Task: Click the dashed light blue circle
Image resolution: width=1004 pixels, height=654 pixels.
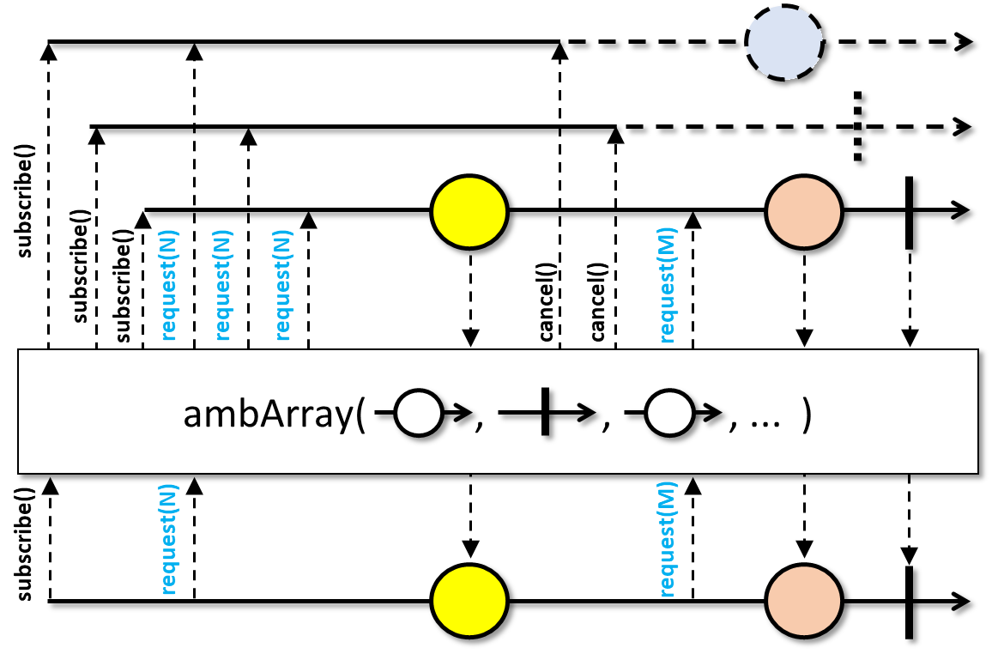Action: pos(784,42)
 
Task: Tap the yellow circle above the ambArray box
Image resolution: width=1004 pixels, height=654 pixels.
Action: pos(470,211)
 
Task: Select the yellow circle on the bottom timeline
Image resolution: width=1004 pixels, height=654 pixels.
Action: pos(470,601)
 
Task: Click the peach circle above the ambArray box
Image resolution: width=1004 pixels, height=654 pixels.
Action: pos(804,211)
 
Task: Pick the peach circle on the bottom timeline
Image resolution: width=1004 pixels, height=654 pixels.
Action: pos(804,601)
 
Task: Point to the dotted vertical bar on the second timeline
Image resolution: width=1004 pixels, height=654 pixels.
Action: pos(857,126)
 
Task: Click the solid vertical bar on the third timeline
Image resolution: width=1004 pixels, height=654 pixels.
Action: pos(910,213)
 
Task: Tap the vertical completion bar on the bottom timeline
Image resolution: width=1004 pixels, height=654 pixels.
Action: pos(910,603)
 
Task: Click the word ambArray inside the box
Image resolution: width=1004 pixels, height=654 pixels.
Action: pos(269,415)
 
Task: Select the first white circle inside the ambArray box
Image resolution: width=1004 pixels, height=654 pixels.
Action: pos(418,413)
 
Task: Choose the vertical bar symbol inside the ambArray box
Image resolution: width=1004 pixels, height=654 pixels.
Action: pos(545,411)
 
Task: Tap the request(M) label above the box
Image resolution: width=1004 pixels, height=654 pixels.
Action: pos(667,285)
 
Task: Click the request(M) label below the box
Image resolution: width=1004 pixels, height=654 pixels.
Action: pos(667,539)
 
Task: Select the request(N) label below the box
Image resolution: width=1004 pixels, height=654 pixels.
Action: pos(168,539)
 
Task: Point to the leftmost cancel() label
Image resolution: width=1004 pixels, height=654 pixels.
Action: pos(546,301)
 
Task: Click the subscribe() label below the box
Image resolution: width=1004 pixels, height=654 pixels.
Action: pos(24,544)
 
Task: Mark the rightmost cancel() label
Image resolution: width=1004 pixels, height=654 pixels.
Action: pos(596,301)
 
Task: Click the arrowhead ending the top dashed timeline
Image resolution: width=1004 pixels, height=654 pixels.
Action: pos(965,42)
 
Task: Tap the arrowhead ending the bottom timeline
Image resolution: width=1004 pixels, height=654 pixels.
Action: pos(962,602)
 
